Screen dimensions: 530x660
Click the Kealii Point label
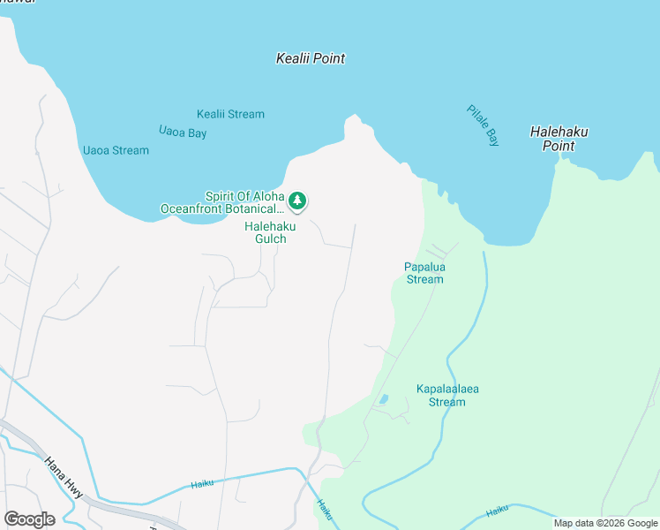(x=310, y=58)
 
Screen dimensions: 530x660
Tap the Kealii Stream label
(x=230, y=114)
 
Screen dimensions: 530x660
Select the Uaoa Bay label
(x=183, y=132)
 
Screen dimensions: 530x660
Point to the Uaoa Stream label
(x=116, y=150)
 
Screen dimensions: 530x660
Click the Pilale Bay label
(x=483, y=125)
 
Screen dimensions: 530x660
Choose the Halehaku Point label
(x=559, y=139)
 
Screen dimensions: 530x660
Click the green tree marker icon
(x=298, y=201)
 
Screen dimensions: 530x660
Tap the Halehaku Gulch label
(x=270, y=232)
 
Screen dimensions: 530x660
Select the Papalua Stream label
(x=424, y=273)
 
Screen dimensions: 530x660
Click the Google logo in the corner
(x=29, y=519)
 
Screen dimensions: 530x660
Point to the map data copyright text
(x=605, y=523)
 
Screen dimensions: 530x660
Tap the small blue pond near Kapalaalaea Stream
(x=382, y=400)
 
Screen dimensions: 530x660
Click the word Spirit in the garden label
(x=222, y=196)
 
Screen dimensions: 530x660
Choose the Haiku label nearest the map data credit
(x=498, y=510)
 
